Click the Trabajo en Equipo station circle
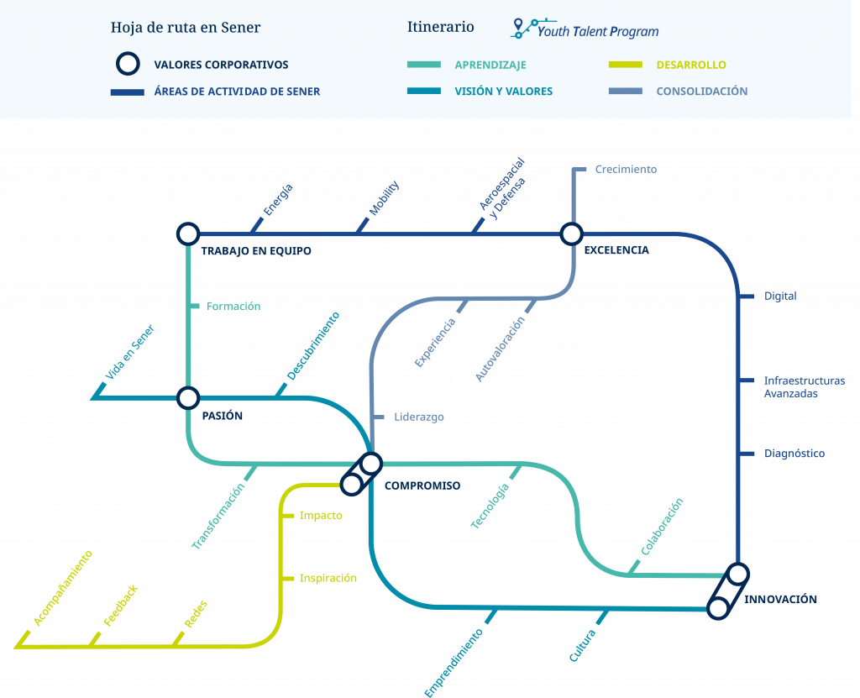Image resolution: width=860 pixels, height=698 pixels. point(188,234)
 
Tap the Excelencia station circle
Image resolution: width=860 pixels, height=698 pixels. point(571,234)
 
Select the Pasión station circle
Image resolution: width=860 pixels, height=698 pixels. point(188,397)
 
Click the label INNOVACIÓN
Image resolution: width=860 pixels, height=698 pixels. point(781,599)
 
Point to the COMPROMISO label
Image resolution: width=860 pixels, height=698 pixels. point(422,485)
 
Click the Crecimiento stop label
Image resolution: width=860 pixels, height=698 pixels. point(626,169)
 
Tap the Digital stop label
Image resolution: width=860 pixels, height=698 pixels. point(780,296)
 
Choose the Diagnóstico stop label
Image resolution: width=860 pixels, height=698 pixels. point(794,454)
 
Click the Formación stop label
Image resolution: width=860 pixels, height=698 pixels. point(233,307)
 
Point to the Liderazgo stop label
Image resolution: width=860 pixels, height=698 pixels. point(419,417)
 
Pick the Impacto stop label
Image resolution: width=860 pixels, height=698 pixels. point(321,515)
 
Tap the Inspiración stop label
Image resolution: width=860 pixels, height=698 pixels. point(328,578)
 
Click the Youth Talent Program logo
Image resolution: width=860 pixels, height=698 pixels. point(585,29)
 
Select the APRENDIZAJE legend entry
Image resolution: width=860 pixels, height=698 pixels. point(490,65)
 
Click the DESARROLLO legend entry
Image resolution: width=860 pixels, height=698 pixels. point(691,65)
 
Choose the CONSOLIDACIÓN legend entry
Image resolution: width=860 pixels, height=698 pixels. point(701,92)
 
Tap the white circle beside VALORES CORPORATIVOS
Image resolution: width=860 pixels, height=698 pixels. point(128,64)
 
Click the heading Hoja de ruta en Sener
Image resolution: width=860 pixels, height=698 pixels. point(186,27)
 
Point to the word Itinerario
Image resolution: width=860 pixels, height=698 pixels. point(440,27)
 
